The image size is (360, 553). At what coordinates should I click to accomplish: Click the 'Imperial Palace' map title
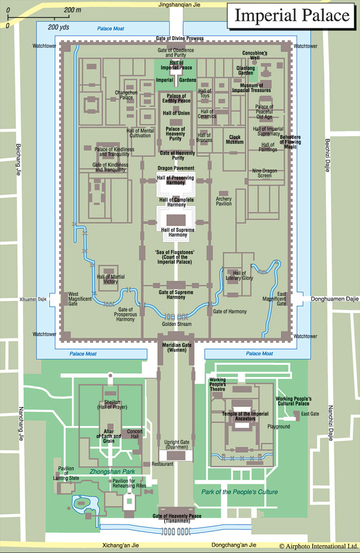[x=292, y=15]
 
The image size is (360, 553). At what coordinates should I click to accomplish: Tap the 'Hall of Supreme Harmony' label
[x=177, y=232]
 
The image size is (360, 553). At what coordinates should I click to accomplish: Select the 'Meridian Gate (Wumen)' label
[x=177, y=347]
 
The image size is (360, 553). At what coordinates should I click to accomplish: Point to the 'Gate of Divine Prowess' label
[x=179, y=38]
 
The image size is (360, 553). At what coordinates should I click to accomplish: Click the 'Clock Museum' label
[x=235, y=139]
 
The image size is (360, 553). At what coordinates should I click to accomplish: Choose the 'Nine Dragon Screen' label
[x=264, y=173]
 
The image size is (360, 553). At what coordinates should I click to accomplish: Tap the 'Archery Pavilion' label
[x=224, y=201]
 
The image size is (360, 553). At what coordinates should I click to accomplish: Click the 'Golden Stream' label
[x=176, y=324]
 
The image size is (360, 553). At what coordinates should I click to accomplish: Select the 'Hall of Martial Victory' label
[x=111, y=279]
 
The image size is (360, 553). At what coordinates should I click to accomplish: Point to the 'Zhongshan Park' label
[x=112, y=471]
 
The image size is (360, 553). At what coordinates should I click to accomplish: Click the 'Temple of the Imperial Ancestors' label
[x=245, y=416]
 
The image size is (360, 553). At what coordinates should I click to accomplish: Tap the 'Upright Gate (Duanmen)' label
[x=177, y=445]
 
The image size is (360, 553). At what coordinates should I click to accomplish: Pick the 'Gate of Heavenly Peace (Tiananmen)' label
[x=177, y=519]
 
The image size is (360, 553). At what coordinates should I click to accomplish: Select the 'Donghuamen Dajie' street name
[x=335, y=299]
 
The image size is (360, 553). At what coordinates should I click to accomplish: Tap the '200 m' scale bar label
[x=73, y=10]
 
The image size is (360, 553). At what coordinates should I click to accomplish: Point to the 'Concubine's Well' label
[x=255, y=56]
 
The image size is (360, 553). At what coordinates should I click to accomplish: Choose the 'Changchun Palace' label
[x=126, y=95]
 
